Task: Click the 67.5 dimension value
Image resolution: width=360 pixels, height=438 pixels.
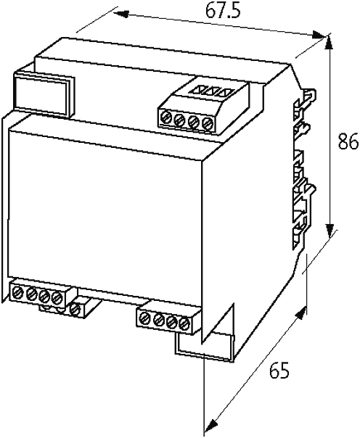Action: (223, 11)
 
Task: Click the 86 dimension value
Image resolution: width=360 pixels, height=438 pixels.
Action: (348, 141)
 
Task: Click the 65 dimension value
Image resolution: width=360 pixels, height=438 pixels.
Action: (279, 371)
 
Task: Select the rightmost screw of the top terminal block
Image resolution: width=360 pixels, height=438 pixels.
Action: (208, 123)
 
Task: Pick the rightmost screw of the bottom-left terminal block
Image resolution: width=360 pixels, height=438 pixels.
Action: (57, 298)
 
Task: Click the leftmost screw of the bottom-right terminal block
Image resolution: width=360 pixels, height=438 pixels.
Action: (145, 318)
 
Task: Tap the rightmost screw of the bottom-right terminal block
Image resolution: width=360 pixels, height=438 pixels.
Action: (184, 323)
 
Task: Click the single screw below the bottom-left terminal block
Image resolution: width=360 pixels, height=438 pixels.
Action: (75, 310)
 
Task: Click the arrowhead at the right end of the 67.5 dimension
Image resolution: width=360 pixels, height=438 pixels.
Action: (319, 34)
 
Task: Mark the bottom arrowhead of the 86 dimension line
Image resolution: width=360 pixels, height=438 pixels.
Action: (330, 231)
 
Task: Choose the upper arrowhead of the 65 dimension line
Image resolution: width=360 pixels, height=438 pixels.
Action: (300, 313)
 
